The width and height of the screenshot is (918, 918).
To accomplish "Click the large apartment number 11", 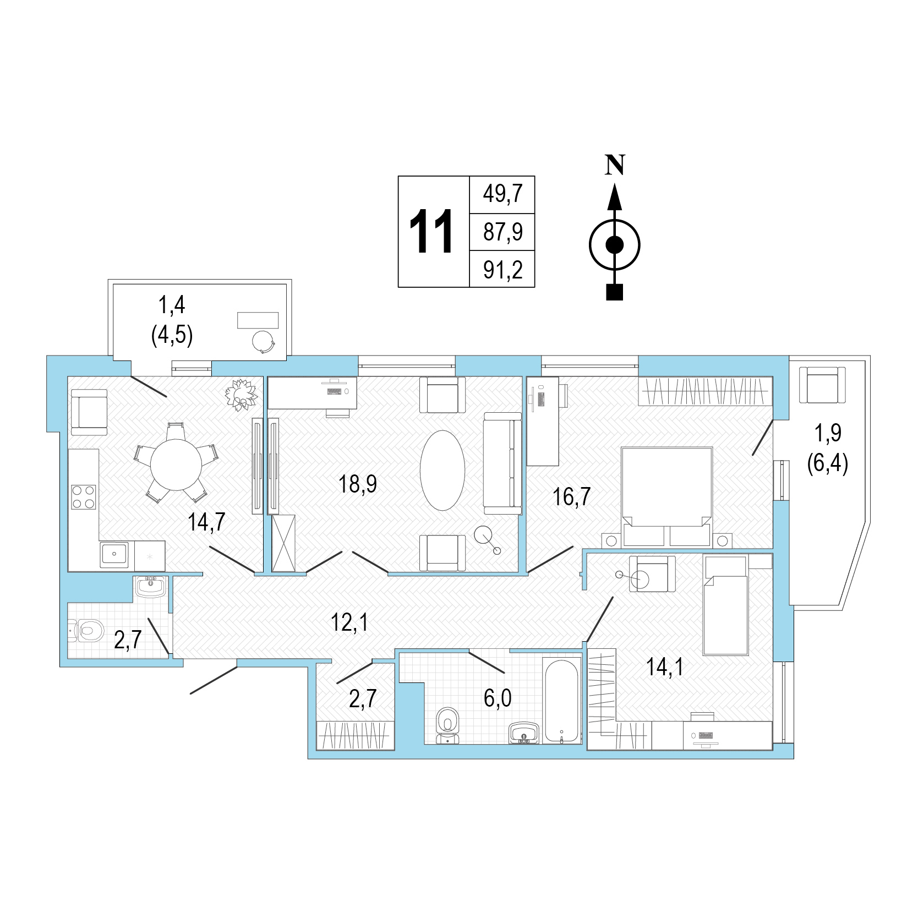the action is [x=431, y=232].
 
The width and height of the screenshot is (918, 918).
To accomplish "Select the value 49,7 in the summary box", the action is [x=502, y=194].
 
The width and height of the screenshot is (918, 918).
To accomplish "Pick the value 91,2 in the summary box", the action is [x=502, y=270].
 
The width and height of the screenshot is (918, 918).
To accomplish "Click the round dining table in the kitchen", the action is [x=176, y=465].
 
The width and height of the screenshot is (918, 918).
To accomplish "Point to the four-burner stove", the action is [x=83, y=497].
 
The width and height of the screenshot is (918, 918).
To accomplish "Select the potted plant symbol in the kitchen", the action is [x=241, y=394].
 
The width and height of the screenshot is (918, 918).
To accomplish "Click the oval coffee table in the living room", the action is [x=442, y=470].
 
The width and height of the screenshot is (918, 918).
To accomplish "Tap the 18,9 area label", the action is [x=358, y=484].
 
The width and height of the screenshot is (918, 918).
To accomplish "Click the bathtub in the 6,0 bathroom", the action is [x=561, y=700].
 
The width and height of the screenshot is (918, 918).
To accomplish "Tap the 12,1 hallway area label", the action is [x=349, y=622].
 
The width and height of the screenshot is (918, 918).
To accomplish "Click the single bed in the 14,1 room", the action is [x=725, y=605].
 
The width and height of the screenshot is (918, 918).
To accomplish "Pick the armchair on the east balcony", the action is [x=822, y=386].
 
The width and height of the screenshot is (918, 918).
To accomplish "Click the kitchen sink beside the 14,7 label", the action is [x=114, y=554].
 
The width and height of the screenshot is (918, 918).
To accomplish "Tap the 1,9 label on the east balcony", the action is [x=828, y=433].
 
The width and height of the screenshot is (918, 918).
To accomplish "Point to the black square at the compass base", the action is [x=614, y=292].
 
